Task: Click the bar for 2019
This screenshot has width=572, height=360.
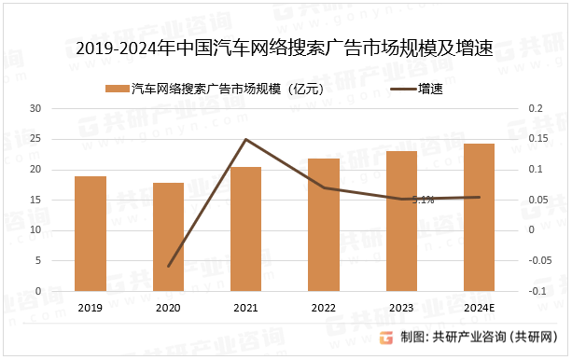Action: [x=91, y=233]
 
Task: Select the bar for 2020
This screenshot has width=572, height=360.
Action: [x=168, y=237]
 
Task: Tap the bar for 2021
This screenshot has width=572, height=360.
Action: [x=245, y=228]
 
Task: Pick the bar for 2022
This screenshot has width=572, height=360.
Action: [x=323, y=225]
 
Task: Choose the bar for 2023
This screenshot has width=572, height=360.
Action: [x=401, y=221]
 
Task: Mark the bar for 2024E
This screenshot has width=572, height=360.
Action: [x=479, y=217]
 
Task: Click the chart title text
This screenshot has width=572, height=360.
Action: [x=285, y=48]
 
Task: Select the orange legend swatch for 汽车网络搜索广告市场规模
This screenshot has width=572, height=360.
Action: [x=117, y=89]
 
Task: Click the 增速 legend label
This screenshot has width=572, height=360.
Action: [x=429, y=89]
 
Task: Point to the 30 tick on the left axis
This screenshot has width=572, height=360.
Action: [x=36, y=108]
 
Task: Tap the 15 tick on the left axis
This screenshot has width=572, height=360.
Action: [x=36, y=200]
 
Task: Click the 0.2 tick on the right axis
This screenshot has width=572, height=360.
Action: [x=534, y=108]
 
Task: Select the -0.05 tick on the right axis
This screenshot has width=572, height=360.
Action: [x=538, y=260]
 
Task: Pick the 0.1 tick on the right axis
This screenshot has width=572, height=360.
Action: [x=534, y=169]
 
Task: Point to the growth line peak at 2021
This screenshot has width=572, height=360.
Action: [x=245, y=139]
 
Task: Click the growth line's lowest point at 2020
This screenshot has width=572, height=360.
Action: [x=169, y=266]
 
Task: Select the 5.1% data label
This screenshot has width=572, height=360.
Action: [x=423, y=200]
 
